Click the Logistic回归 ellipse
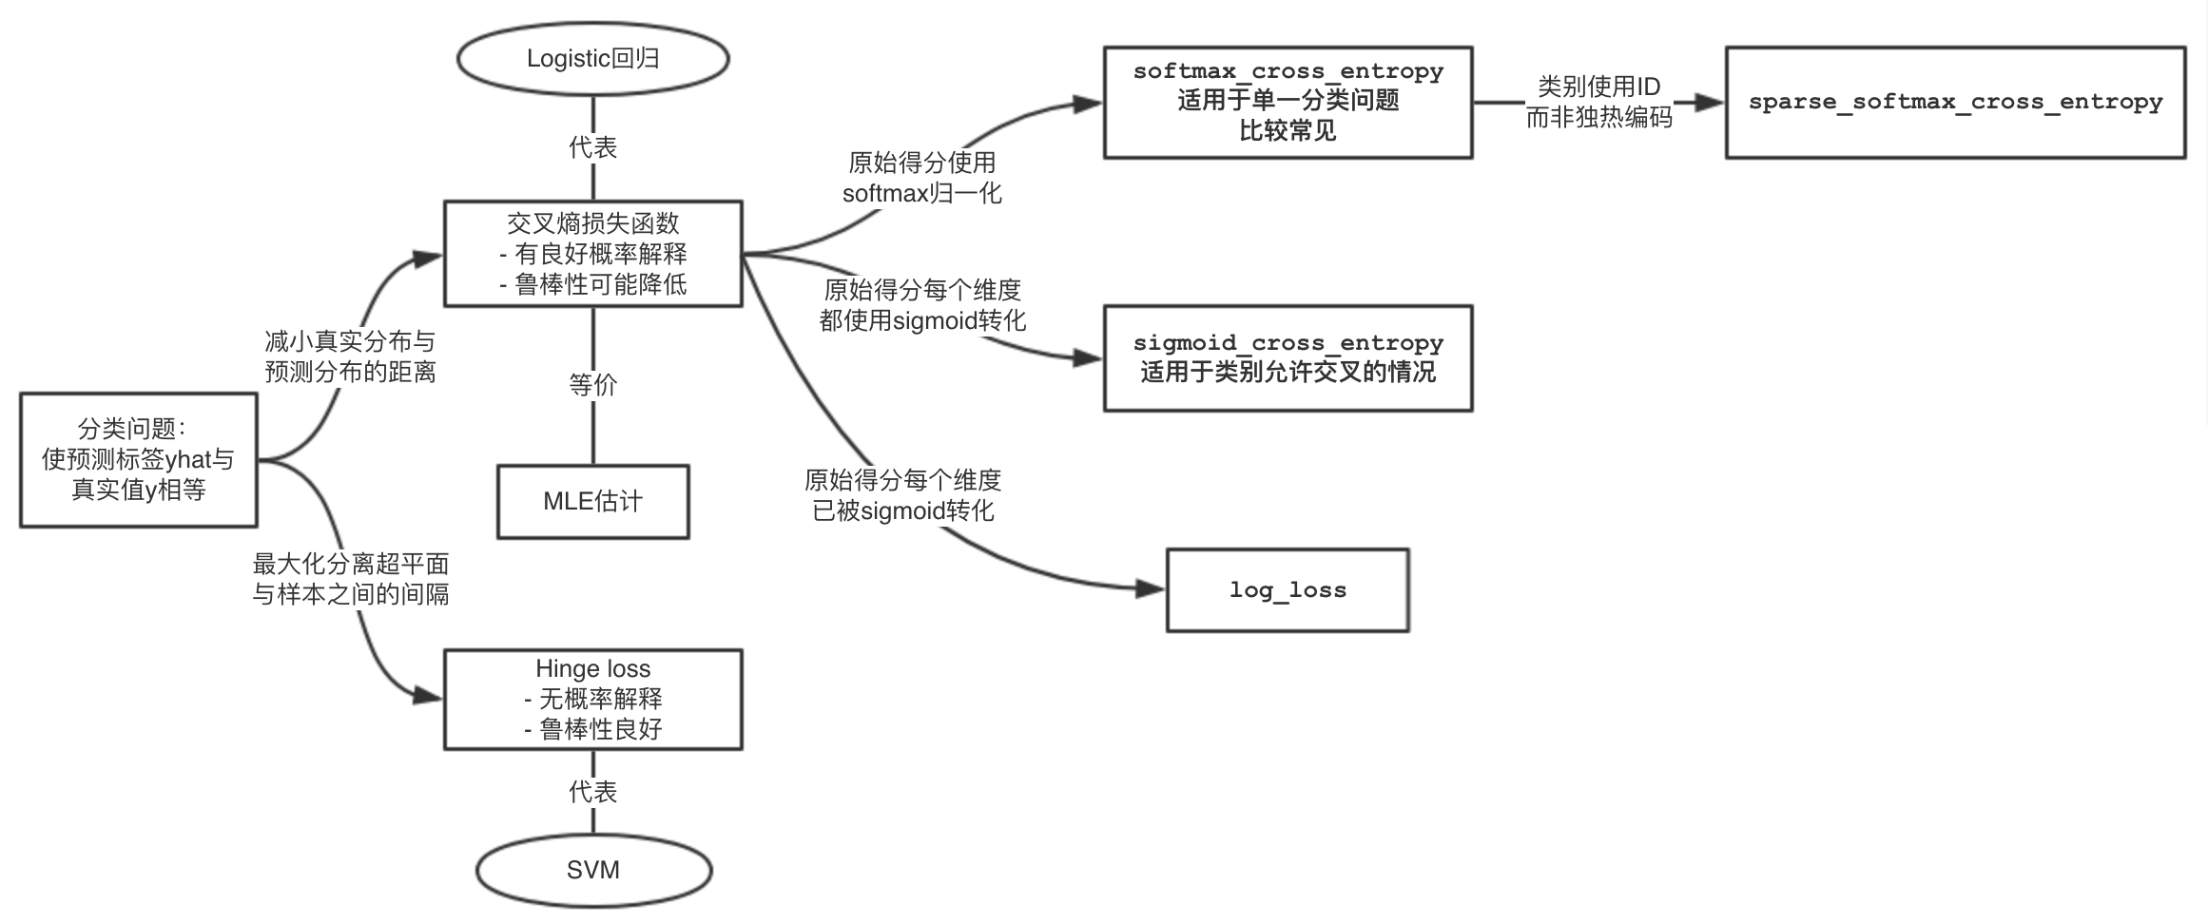(592, 59)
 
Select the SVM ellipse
(593, 870)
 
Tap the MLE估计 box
(592, 502)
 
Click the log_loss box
(1287, 590)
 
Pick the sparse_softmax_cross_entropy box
(1955, 103)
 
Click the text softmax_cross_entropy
(1288, 71)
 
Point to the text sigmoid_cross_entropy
(1288, 342)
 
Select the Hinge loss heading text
(592, 668)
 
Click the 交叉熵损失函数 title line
(592, 223)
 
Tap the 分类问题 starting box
(139, 460)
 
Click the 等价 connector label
(592, 385)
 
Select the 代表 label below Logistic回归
(592, 147)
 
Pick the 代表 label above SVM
(592, 792)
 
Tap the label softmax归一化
(921, 194)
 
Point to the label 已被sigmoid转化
(902, 511)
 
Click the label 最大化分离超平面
(350, 565)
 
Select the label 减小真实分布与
(350, 341)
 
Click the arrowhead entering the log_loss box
(1151, 588)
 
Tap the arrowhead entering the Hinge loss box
(429, 697)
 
